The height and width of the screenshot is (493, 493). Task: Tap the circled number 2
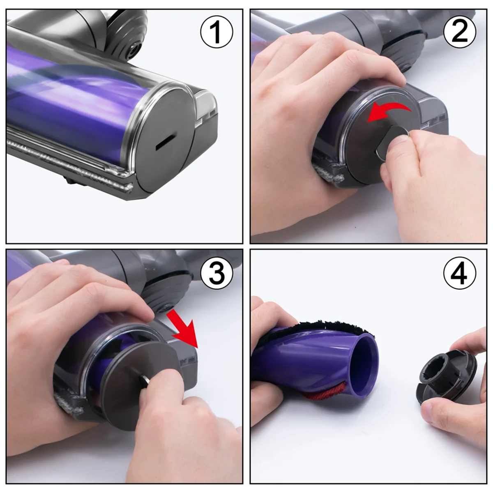coord(460,32)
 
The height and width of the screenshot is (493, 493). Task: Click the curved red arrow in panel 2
coord(388,112)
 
